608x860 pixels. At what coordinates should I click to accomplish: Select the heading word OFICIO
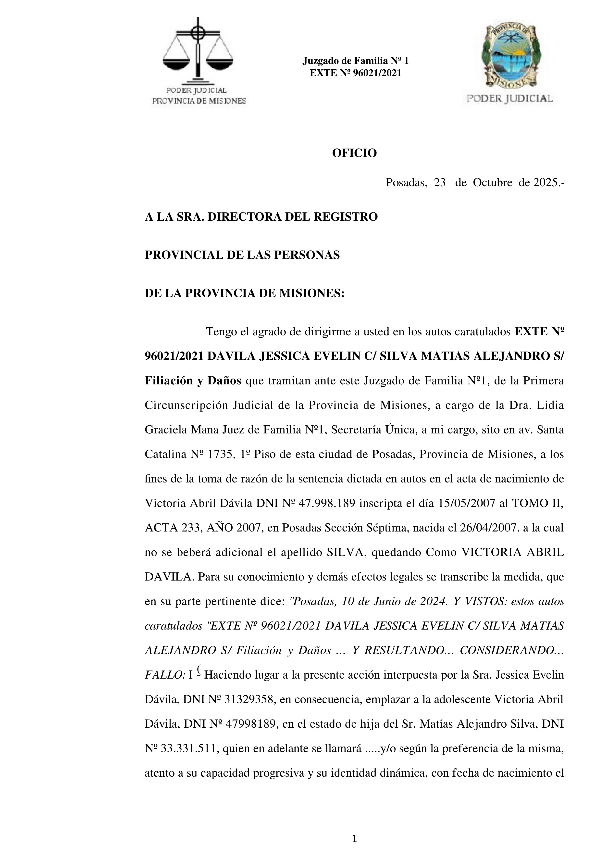[x=354, y=153]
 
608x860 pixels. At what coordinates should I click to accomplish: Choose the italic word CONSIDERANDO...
[x=507, y=651]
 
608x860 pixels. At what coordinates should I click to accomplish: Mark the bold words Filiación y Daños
[x=193, y=381]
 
